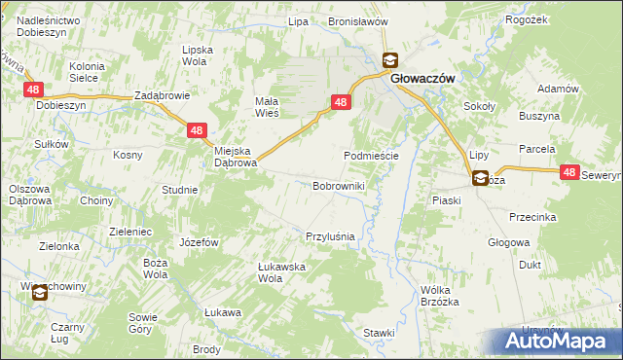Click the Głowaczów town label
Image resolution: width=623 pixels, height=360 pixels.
[425, 82]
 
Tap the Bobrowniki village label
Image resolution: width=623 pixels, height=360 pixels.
[338, 185]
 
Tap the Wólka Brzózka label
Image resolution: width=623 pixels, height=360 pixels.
[439, 296]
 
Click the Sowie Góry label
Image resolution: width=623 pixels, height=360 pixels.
[142, 323]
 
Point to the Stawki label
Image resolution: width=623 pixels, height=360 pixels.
[378, 333]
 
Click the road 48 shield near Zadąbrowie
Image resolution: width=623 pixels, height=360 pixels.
[197, 129]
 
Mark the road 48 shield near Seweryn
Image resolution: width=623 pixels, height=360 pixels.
[570, 172]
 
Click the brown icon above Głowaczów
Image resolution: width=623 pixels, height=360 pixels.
[389, 59]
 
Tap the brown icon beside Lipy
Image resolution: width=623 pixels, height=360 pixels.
[480, 178]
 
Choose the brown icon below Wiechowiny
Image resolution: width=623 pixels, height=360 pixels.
[39, 292]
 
